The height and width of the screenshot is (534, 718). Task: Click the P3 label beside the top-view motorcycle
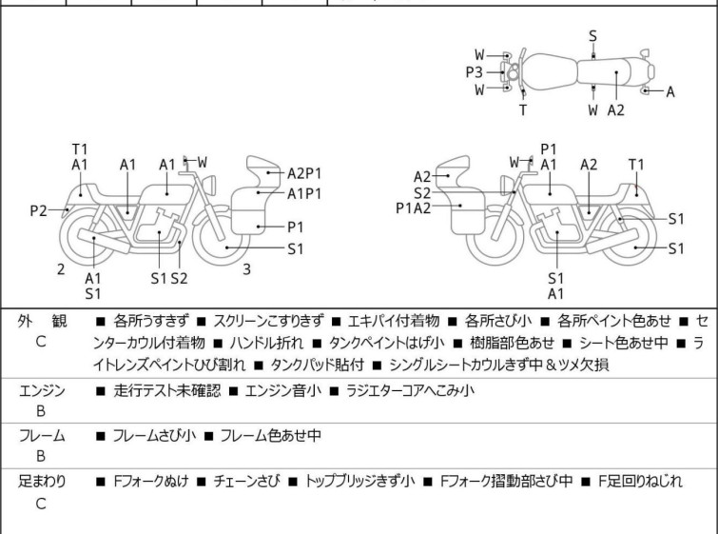tap(475, 71)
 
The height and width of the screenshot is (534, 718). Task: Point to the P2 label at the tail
tap(38, 210)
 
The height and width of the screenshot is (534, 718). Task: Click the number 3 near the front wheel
tap(246, 269)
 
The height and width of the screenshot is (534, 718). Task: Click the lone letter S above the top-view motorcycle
tap(592, 35)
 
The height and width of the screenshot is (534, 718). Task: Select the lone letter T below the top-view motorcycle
tap(522, 109)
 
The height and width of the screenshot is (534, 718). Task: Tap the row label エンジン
tap(43, 390)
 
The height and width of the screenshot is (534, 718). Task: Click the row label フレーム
tap(43, 436)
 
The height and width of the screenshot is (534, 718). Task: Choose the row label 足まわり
tap(43, 482)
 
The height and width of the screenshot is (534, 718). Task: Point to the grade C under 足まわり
tap(41, 504)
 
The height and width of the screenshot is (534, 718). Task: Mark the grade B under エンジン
tap(41, 412)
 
